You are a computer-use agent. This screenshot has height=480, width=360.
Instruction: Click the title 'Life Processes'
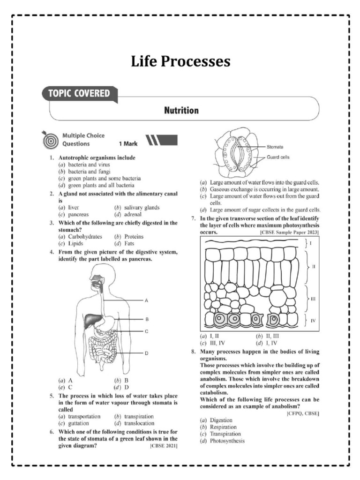tap(180, 61)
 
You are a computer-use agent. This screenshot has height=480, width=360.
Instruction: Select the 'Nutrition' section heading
tap(181, 111)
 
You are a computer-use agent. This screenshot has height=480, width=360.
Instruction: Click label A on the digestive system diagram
tap(146, 300)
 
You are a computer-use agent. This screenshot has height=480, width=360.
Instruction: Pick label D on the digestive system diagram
tap(146, 353)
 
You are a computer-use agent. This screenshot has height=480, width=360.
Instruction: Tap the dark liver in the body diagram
tap(92, 320)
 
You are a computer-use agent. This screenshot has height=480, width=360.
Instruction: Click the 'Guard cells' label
tap(278, 157)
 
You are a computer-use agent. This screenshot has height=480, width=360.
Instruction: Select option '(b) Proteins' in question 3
tap(129, 237)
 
